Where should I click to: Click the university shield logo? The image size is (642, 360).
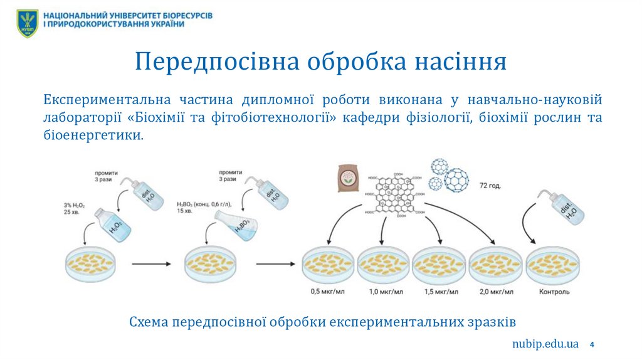point(28,23)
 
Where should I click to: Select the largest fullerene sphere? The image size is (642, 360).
point(456,179)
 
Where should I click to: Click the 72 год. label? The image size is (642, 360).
point(490,186)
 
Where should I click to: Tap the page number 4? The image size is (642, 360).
point(592,344)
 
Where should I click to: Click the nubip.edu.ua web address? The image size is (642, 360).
point(544,344)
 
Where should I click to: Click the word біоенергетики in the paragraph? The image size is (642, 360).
point(93,135)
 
